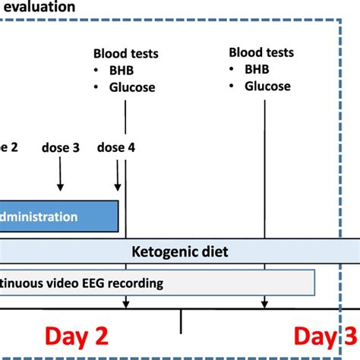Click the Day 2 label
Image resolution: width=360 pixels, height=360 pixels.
(x=76, y=336)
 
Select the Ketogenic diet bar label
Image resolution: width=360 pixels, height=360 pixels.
(x=179, y=251)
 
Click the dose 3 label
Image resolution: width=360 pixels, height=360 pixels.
(x=60, y=148)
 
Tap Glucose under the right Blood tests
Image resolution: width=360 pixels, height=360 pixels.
(x=267, y=86)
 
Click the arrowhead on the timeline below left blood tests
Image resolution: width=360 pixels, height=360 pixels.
(x=125, y=305)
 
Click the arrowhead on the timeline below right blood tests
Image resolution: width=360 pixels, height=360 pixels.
(x=265, y=305)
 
